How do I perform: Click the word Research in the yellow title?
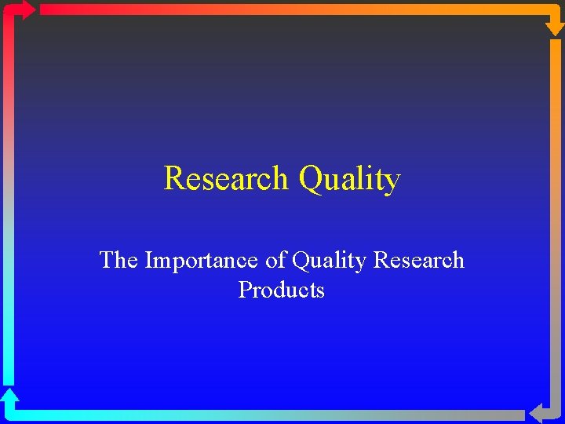click(226, 179)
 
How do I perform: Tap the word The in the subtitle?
click(118, 260)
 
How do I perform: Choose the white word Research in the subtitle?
click(419, 260)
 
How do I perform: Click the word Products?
click(281, 291)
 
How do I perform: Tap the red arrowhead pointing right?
click(25, 9)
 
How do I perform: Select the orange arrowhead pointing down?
click(554, 25)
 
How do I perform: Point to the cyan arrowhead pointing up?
click(9, 396)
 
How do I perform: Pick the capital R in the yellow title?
click(173, 179)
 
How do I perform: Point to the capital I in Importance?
click(149, 260)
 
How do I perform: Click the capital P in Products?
click(244, 291)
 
